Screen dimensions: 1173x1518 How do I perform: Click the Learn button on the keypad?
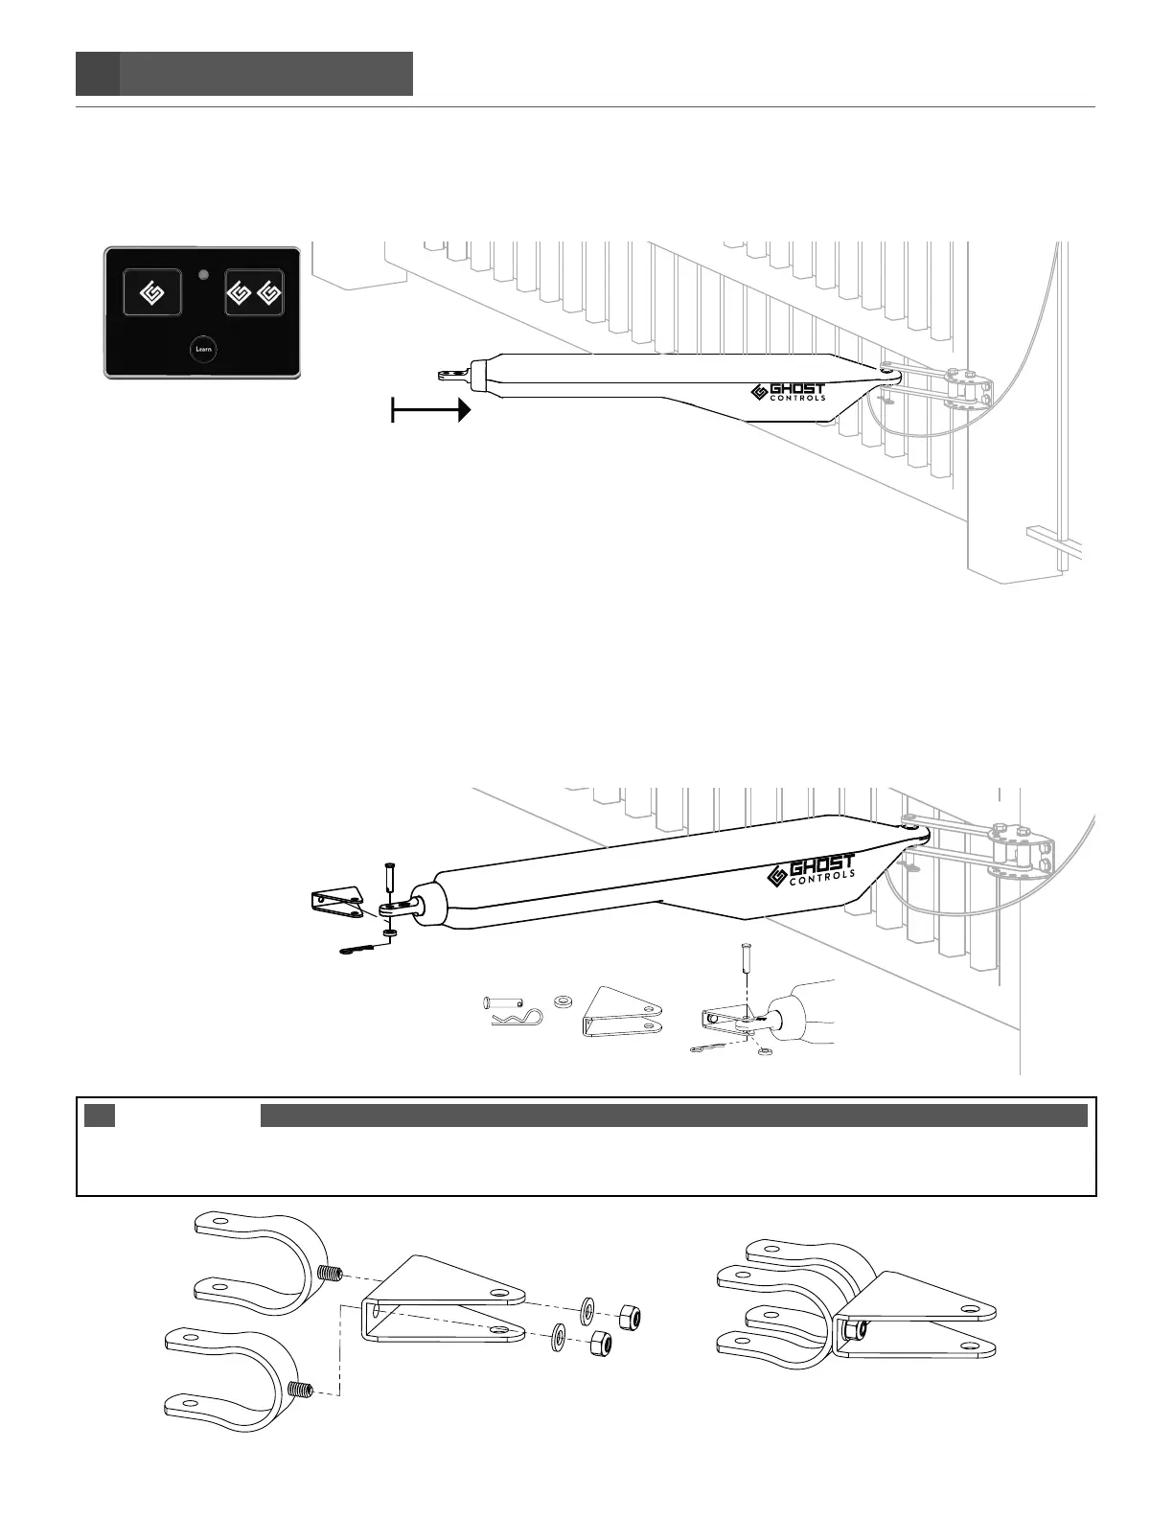click(203, 349)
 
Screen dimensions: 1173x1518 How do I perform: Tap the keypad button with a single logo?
click(151, 291)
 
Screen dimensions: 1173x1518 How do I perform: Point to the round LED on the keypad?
click(202, 276)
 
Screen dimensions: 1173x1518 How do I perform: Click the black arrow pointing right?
click(431, 411)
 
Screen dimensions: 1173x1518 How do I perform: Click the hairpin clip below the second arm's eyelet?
click(360, 951)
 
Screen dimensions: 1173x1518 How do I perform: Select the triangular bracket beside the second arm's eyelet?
click(334, 903)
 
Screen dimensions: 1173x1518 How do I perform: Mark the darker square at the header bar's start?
click(98, 74)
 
